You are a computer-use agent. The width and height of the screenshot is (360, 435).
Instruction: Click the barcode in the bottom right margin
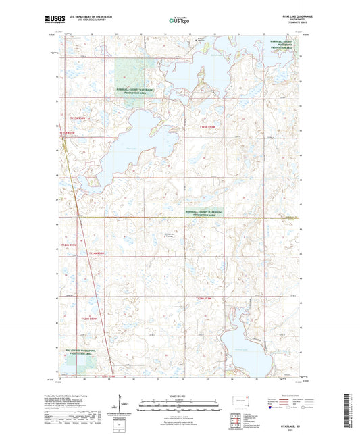(351, 412)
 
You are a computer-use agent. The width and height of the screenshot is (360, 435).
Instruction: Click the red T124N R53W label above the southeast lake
(205, 298)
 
